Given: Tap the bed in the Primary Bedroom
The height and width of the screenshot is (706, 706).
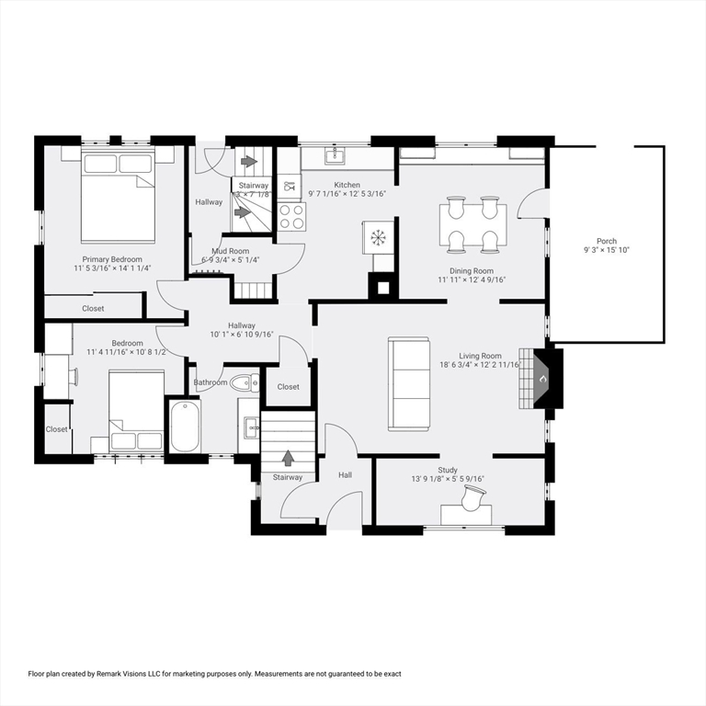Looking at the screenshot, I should (x=117, y=196).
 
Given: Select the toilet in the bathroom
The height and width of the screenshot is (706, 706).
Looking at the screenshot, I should (x=244, y=382).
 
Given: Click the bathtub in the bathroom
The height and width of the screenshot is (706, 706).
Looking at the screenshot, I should (x=185, y=425).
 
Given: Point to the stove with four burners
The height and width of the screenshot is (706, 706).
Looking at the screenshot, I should (x=291, y=217).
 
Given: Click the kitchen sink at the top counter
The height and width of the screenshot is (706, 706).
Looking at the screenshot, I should (x=336, y=155).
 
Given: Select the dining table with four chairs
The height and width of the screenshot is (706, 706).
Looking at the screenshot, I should (x=473, y=223).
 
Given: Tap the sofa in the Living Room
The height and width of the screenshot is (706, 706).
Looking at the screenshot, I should (x=408, y=383).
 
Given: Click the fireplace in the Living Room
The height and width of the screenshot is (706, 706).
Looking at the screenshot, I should (x=541, y=378).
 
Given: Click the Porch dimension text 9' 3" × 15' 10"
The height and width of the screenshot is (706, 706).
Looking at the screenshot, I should (x=606, y=250).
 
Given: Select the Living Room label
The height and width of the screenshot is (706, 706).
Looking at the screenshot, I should (x=480, y=356).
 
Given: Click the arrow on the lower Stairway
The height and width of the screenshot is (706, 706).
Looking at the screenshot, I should (x=288, y=457).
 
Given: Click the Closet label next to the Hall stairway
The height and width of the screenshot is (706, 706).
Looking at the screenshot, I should (x=289, y=387).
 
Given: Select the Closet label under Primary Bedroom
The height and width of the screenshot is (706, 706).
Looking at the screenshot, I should (x=93, y=309).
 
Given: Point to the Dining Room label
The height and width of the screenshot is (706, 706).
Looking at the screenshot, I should (x=472, y=271).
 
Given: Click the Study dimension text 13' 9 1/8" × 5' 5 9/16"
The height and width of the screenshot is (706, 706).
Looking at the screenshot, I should (x=448, y=479).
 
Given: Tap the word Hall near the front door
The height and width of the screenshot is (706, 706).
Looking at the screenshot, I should (x=345, y=475).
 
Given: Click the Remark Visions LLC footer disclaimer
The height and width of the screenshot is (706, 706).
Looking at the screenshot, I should (x=215, y=674).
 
